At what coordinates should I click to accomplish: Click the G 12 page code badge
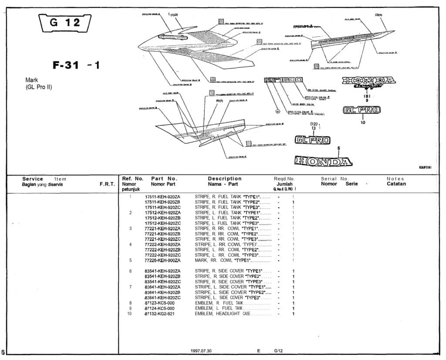coord(65,23)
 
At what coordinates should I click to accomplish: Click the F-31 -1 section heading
coord(76,65)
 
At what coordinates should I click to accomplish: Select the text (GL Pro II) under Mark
coord(39,87)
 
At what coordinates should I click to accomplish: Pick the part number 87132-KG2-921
coord(159,314)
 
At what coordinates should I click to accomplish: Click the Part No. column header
coord(164,178)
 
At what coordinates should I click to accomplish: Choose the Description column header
coord(224,178)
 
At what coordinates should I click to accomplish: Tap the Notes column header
coord(395,178)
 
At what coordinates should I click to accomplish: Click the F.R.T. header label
coord(107,184)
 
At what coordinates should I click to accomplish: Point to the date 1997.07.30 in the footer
coord(201,351)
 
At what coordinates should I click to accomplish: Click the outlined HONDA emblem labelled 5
coord(323,161)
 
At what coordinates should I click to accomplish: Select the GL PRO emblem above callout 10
coord(362,110)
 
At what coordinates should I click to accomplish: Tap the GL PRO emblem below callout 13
coord(312,140)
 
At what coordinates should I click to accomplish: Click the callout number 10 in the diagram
coord(363,122)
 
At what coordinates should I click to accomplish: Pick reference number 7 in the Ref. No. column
coord(130,287)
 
